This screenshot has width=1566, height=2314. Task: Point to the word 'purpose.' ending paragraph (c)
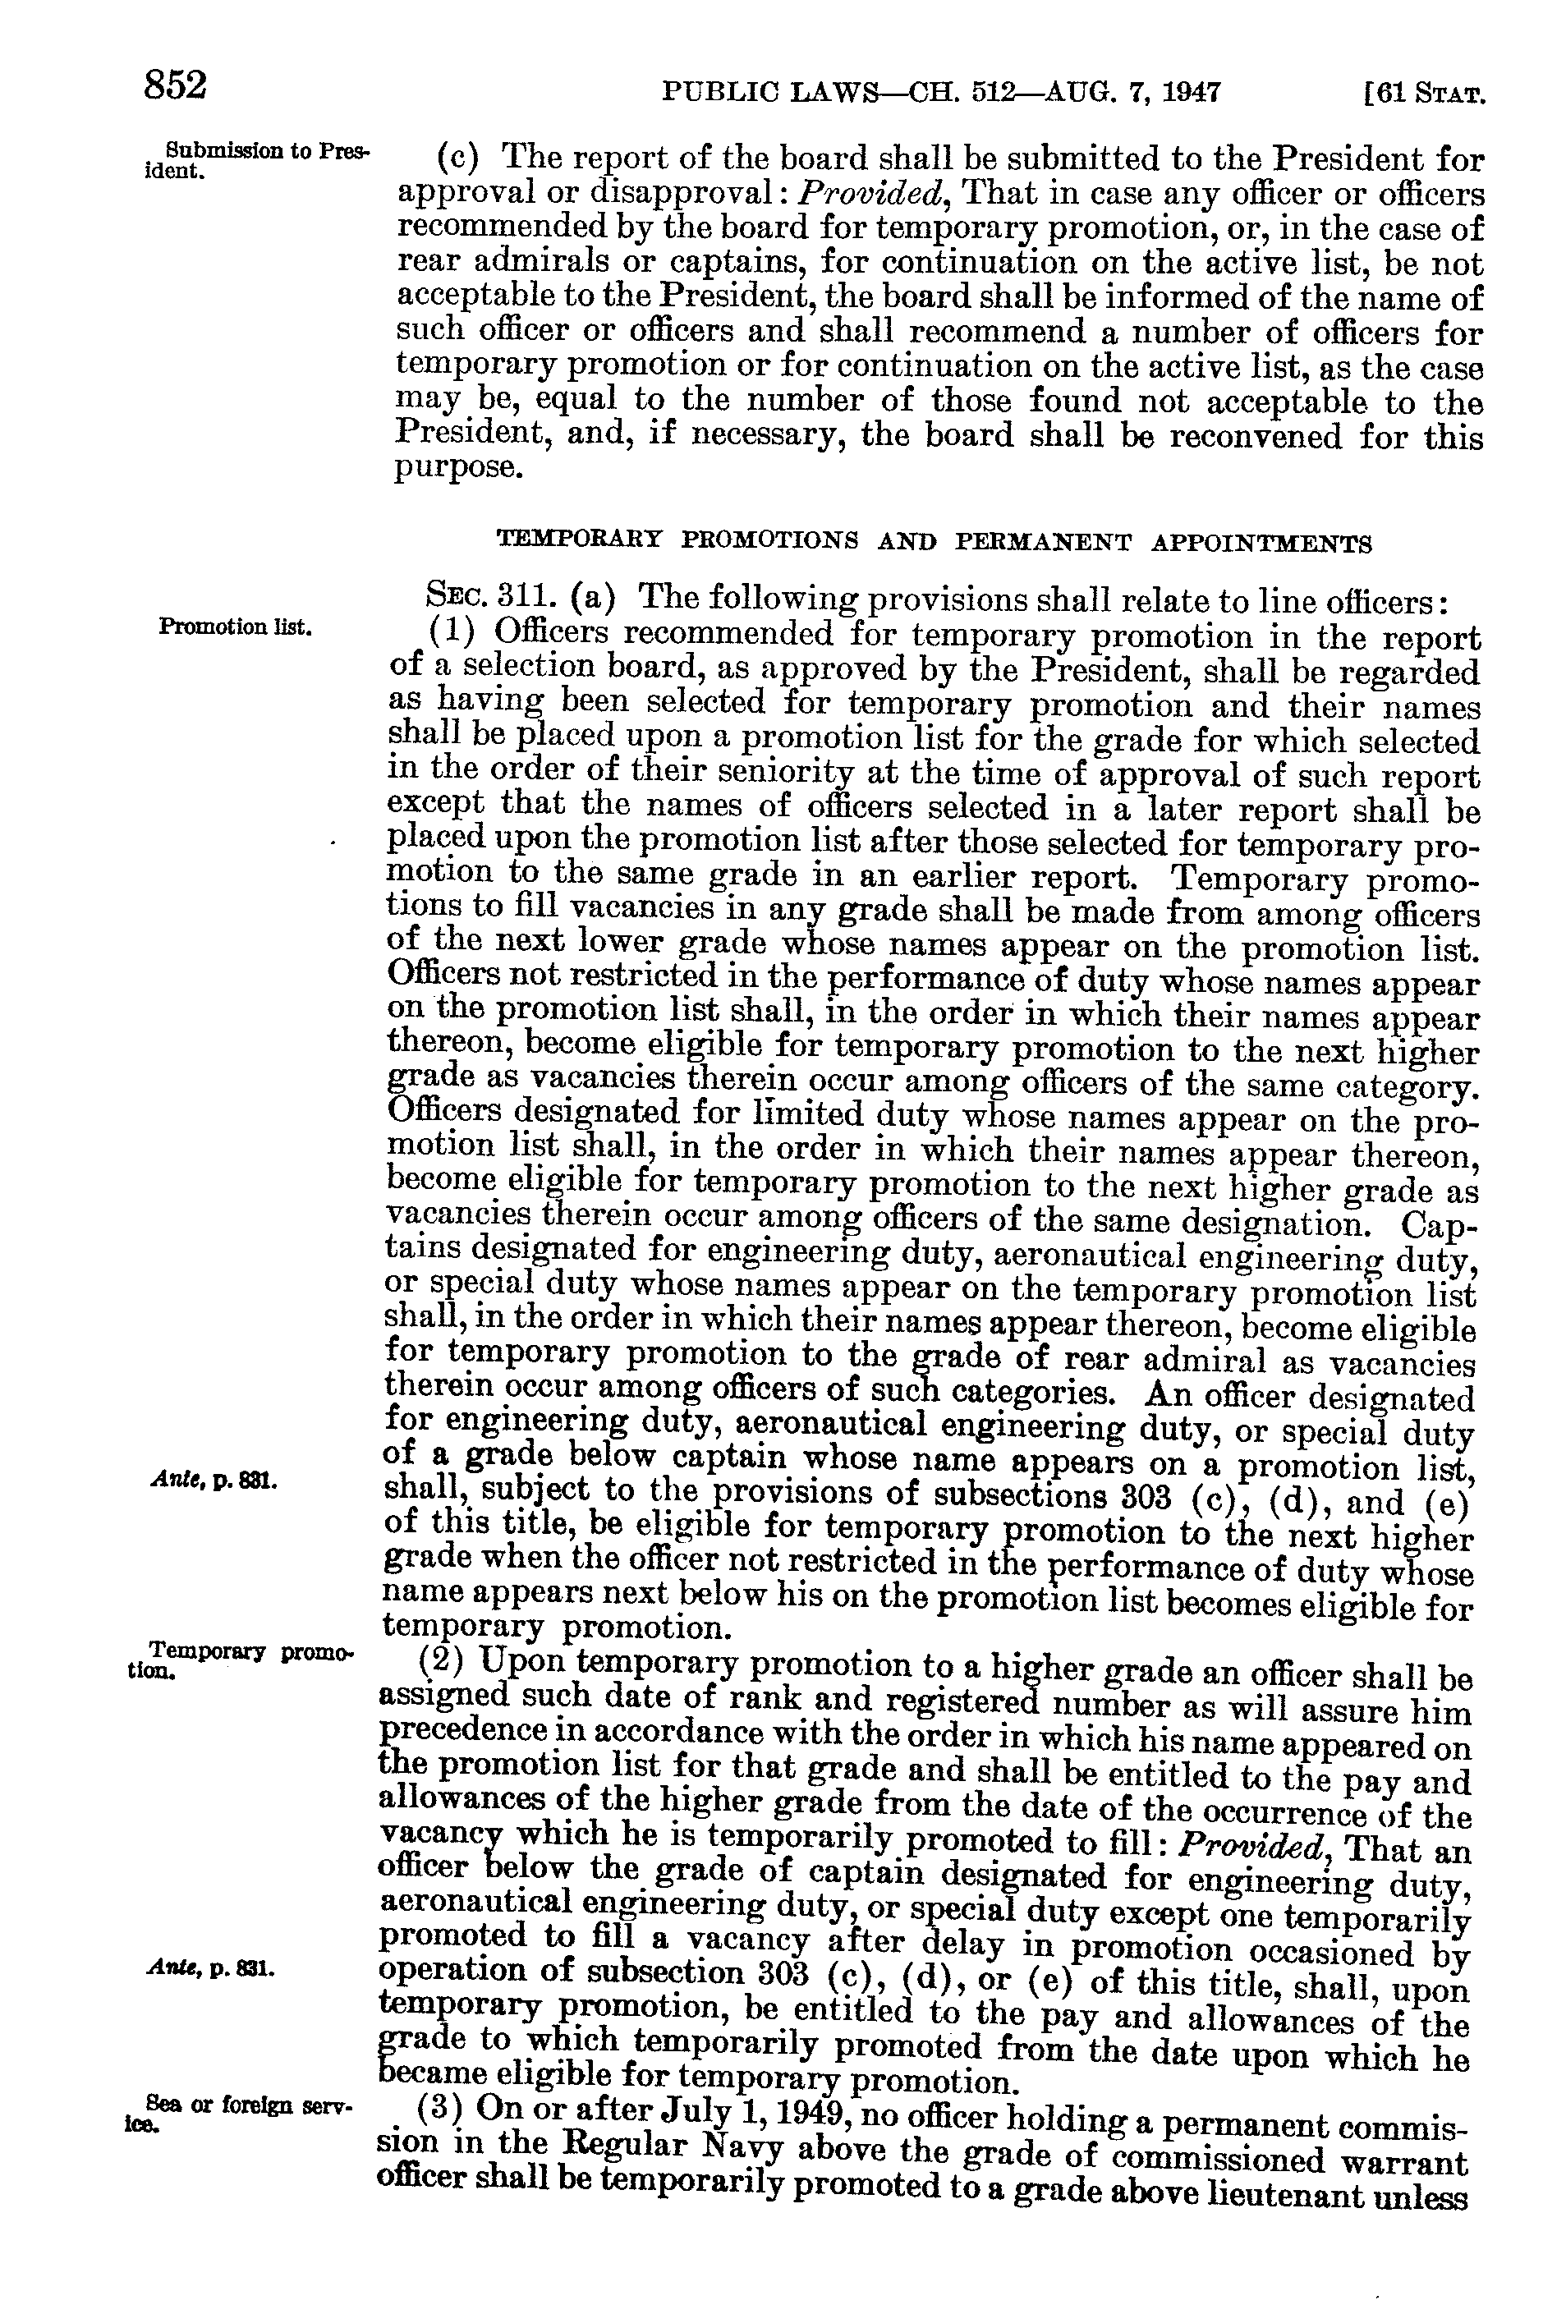click(x=458, y=468)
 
